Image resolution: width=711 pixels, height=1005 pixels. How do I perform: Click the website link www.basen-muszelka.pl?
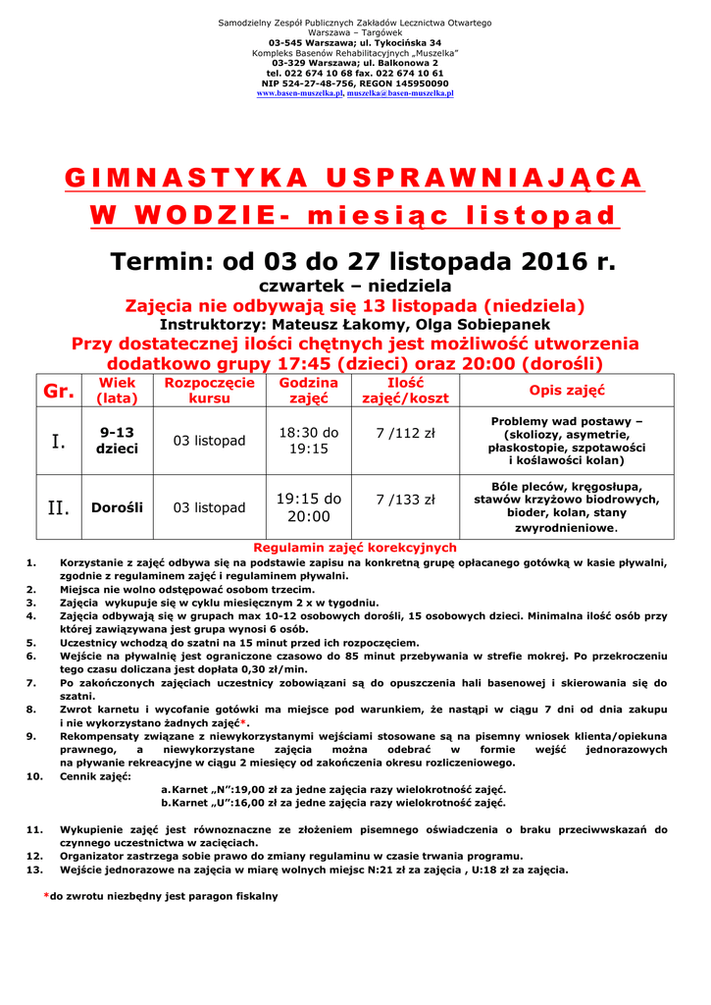[300, 93]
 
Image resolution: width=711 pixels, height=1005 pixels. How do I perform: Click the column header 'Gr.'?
[59, 391]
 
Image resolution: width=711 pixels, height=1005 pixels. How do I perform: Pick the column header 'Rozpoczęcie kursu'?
[209, 391]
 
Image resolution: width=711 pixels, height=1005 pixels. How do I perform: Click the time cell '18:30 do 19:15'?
[308, 441]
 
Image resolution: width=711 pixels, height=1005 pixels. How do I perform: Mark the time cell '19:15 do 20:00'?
[308, 507]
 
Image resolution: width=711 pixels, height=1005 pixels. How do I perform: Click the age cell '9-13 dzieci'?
[117, 440]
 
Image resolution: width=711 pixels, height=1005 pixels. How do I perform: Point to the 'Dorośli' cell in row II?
[117, 507]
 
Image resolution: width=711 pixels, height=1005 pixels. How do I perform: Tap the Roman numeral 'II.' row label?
[58, 507]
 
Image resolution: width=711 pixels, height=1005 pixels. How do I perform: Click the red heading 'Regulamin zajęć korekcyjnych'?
[355, 548]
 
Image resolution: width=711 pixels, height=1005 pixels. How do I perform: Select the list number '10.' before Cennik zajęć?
[34, 776]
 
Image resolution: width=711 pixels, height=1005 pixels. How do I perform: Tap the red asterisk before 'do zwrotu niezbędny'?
[46, 895]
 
